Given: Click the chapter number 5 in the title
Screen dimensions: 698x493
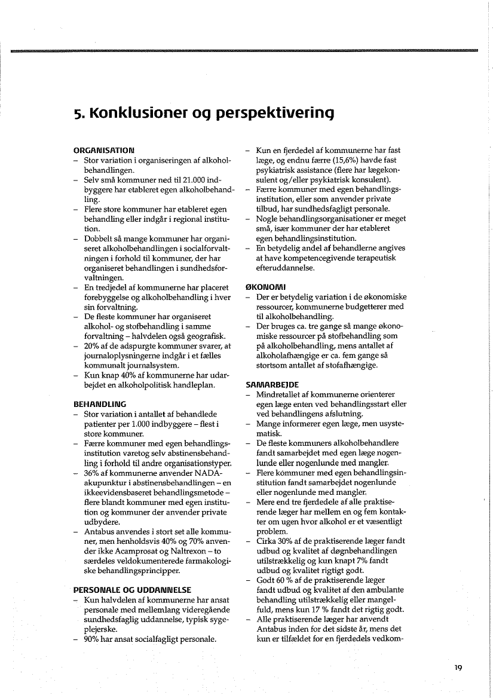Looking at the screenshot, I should tap(77, 112).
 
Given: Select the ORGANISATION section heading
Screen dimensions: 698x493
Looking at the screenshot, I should tap(103, 149).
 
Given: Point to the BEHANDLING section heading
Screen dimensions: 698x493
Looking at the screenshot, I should tap(99, 404).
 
